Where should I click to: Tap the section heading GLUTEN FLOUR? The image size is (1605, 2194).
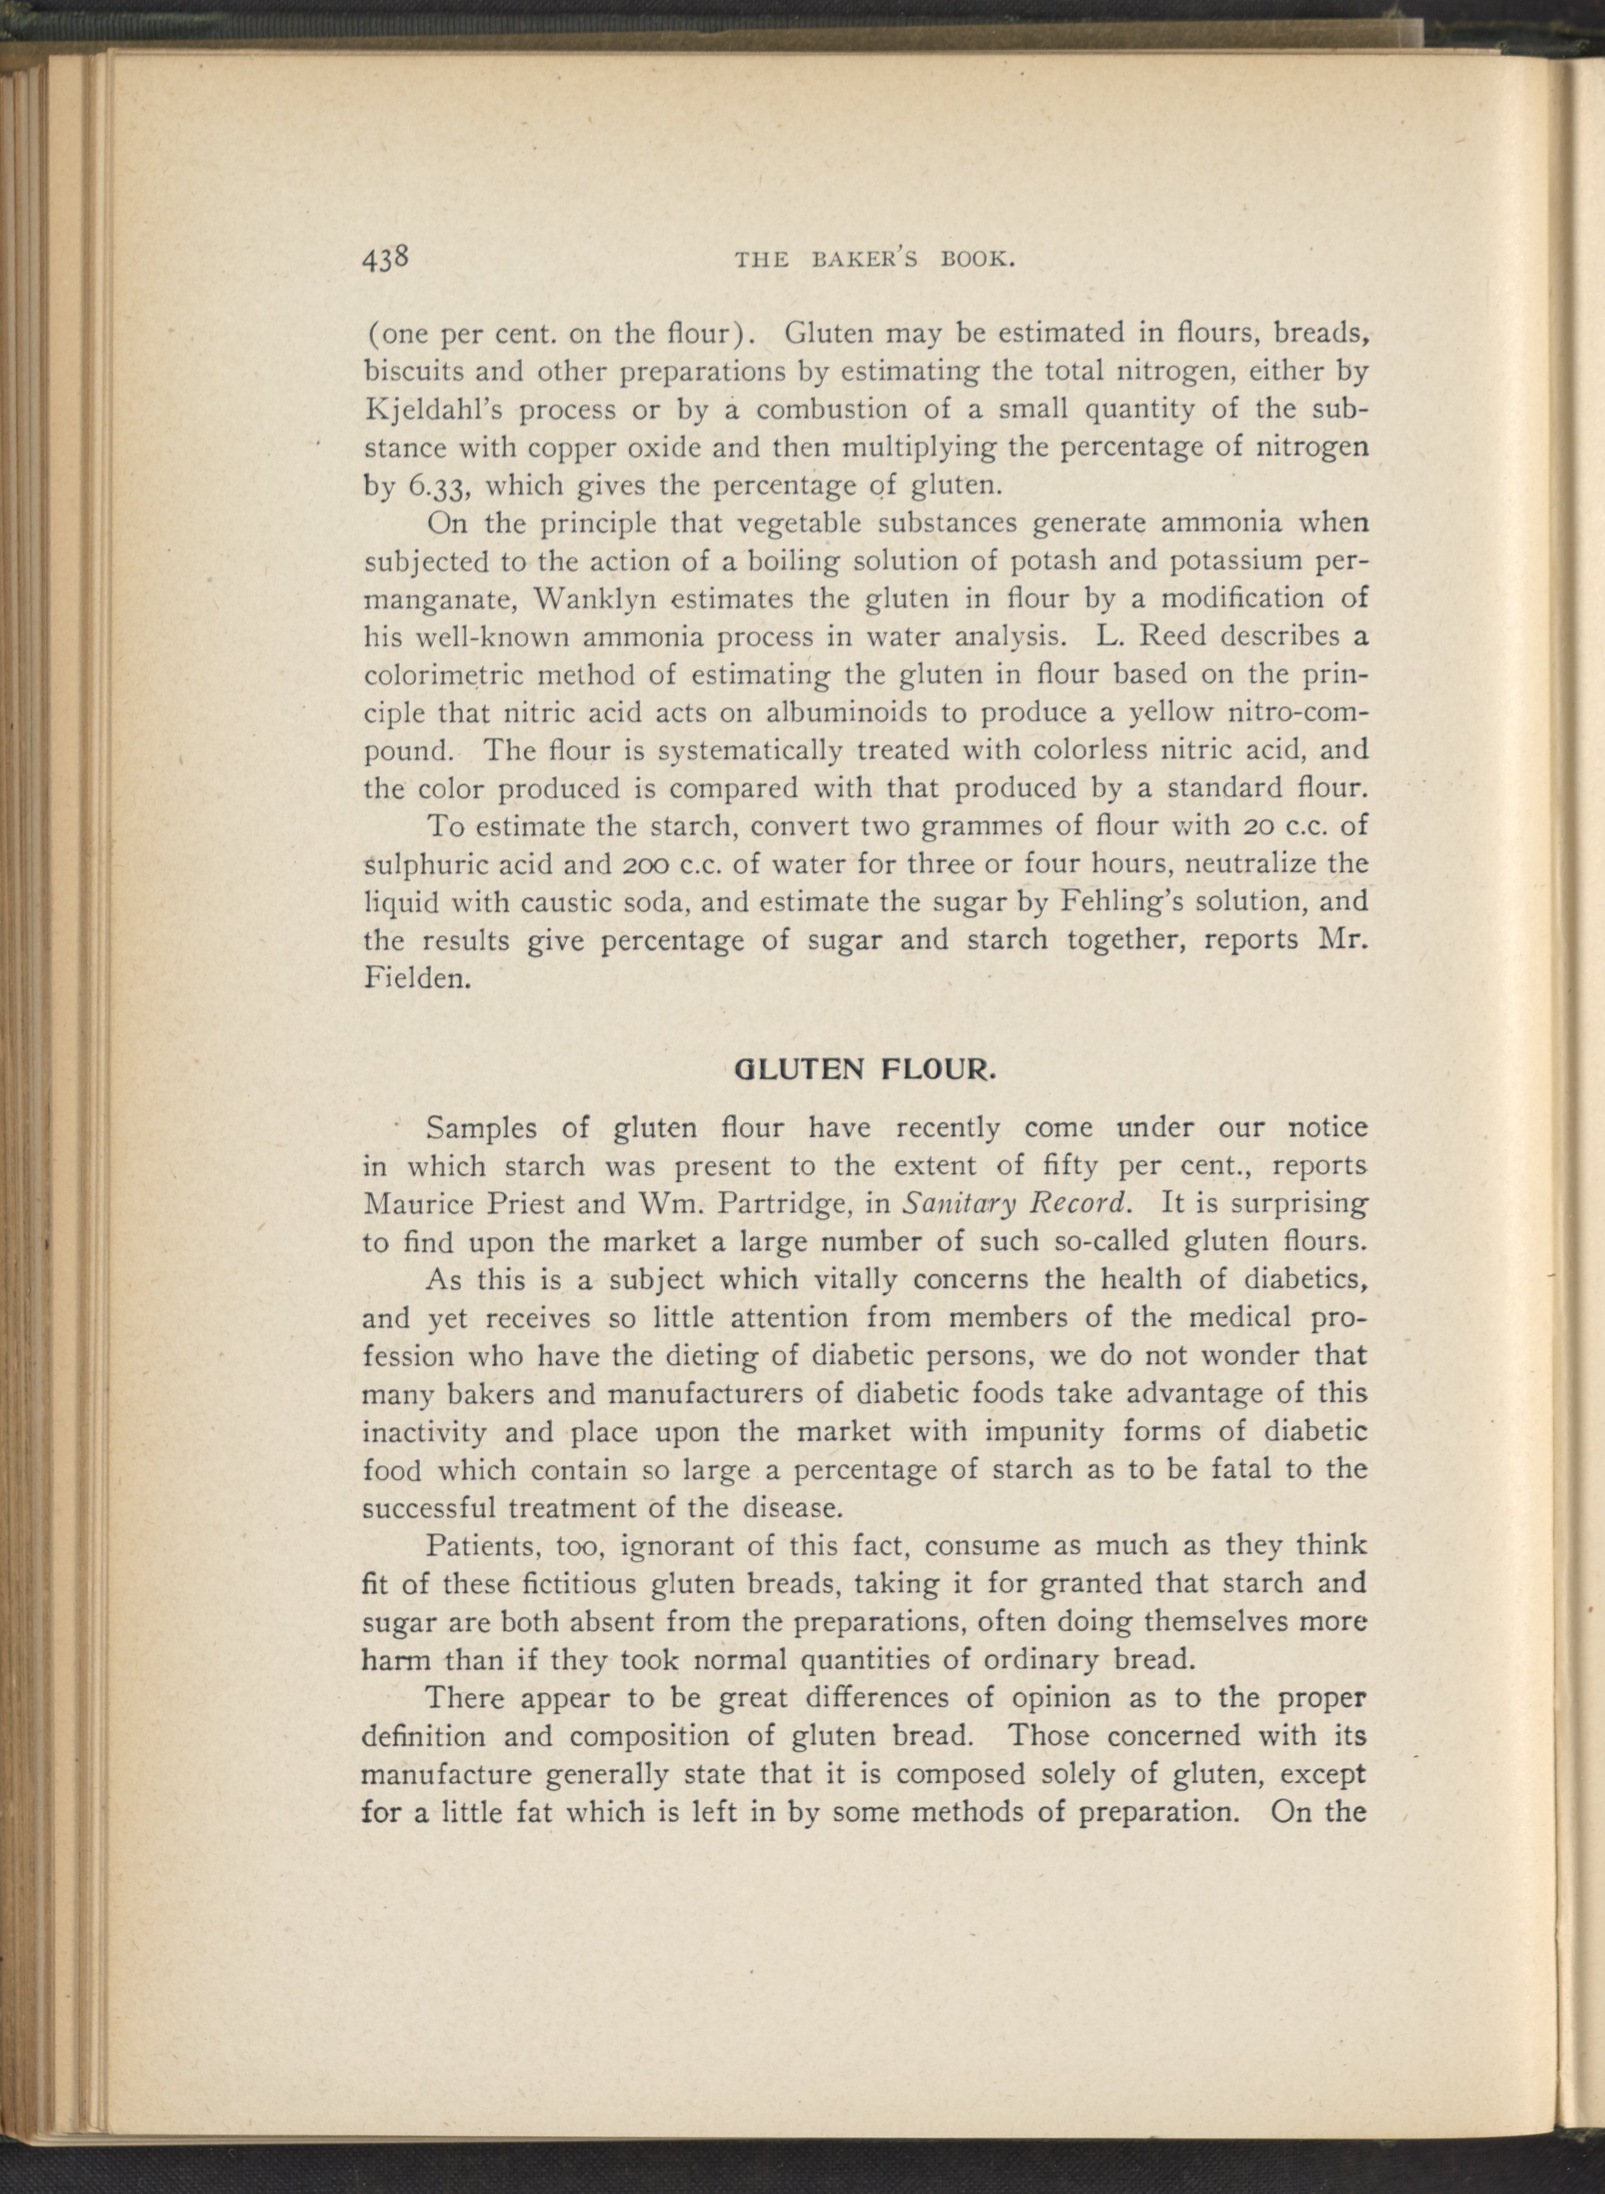click(x=865, y=1071)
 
